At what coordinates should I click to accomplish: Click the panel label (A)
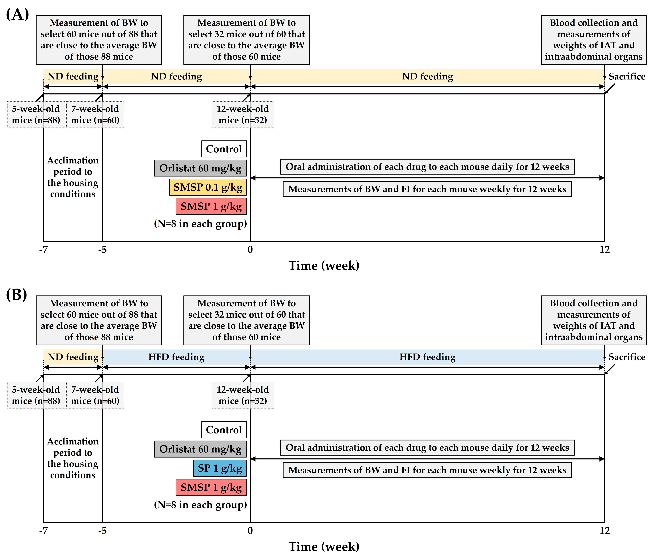click(17, 14)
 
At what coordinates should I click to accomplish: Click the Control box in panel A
click(224, 149)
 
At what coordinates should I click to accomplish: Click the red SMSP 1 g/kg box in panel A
click(211, 206)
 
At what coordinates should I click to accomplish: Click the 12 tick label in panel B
click(604, 531)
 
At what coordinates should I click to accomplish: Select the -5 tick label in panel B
click(102, 531)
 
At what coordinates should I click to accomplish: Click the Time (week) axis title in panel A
click(324, 265)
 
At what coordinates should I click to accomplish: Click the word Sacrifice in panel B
click(626, 357)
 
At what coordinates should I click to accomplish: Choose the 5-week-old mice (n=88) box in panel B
click(36, 395)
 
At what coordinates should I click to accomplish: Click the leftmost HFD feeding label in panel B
click(176, 357)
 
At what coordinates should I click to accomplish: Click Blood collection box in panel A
click(593, 40)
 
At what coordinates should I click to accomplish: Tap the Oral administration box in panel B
click(427, 447)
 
